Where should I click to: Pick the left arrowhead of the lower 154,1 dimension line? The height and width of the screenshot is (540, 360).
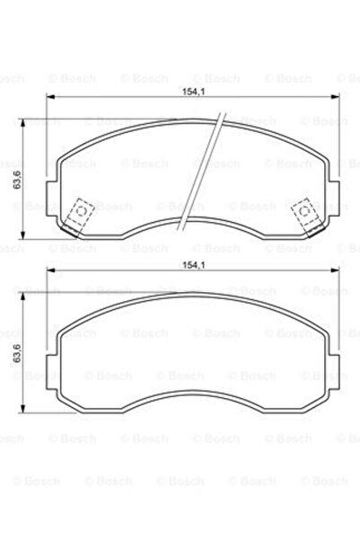click(x=49, y=274)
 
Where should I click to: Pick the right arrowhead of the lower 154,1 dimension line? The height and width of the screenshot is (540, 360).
click(x=338, y=274)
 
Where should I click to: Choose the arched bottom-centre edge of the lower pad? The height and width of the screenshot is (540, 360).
click(x=193, y=408)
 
